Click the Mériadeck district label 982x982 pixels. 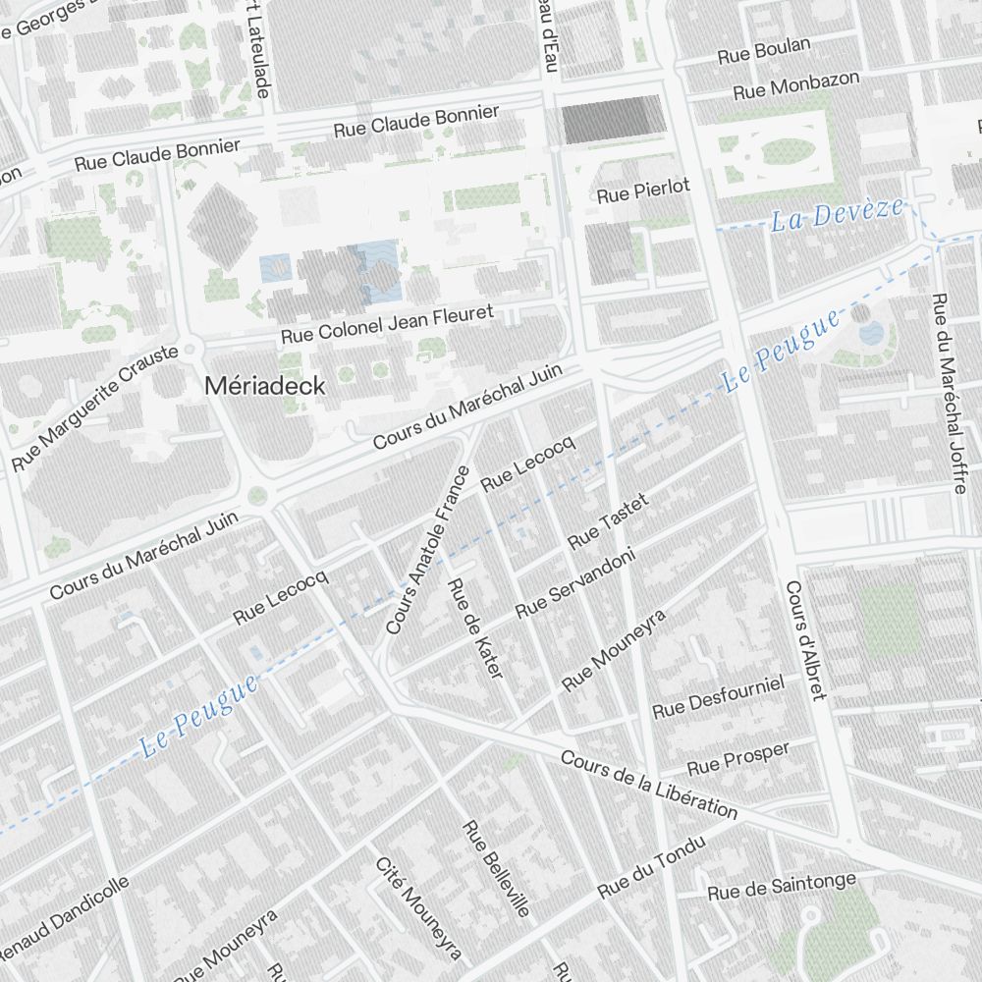coord(264,386)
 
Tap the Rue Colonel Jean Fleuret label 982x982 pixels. coord(400,325)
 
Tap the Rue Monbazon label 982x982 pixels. coord(796,84)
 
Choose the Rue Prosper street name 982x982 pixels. coord(737,757)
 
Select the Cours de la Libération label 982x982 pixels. coord(649,785)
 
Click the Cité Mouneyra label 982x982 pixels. coord(418,908)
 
